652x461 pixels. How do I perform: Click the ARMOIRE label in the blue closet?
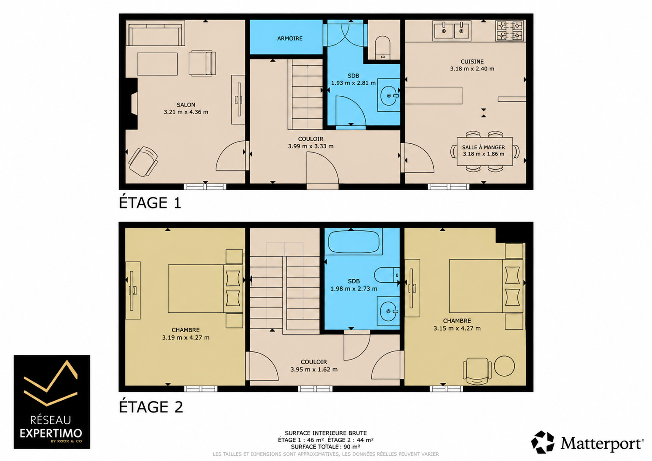(x=289, y=38)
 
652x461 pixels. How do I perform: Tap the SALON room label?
(x=186, y=105)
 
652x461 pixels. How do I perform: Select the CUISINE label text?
(x=472, y=62)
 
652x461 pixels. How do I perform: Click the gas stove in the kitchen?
(x=510, y=31)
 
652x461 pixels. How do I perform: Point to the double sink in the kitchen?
(x=452, y=30)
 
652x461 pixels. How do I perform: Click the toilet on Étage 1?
(x=383, y=48)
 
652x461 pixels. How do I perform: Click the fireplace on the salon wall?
(x=131, y=104)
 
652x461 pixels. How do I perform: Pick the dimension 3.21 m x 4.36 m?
(x=186, y=112)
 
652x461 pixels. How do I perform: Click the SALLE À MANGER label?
(x=484, y=147)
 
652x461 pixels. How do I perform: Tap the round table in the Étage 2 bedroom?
(x=504, y=366)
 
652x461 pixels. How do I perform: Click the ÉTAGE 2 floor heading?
(x=151, y=406)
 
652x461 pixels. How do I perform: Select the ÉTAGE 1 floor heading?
(x=150, y=202)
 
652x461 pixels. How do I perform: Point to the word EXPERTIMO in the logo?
(x=51, y=433)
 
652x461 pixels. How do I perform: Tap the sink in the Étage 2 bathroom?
(x=388, y=311)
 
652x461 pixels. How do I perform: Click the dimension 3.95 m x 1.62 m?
(x=314, y=369)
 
